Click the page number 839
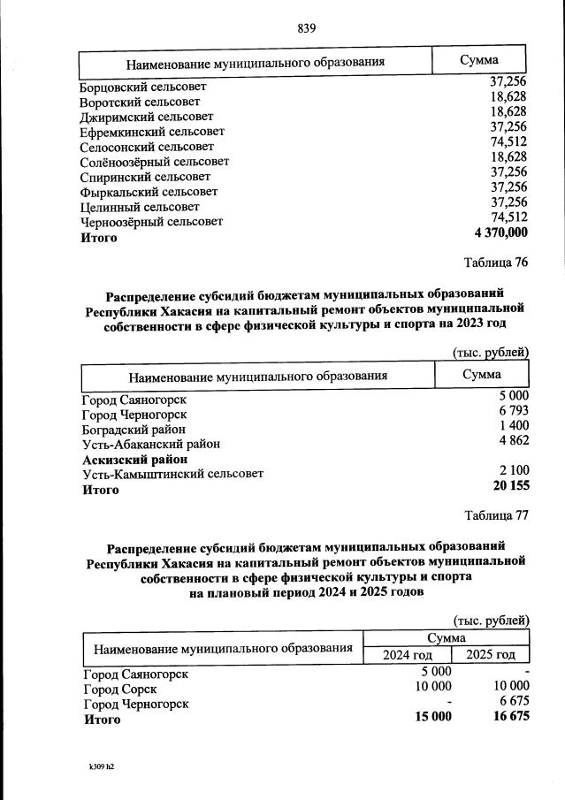pyautogui.click(x=307, y=27)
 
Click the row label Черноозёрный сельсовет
pyautogui.click(x=152, y=222)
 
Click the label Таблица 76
pyautogui.click(x=496, y=263)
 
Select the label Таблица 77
pyautogui.click(x=496, y=515)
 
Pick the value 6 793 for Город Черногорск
pyautogui.click(x=513, y=414)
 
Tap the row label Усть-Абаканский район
pyautogui.click(x=151, y=444)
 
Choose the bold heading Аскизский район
pyautogui.click(x=134, y=459)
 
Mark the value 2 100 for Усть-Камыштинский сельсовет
pyautogui.click(x=513, y=473)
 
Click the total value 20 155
pyautogui.click(x=510, y=488)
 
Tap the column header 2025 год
pyautogui.click(x=490, y=654)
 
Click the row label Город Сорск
pyautogui.click(x=120, y=689)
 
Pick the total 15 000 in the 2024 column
pyautogui.click(x=433, y=717)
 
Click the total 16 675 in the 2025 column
pyautogui.click(x=508, y=717)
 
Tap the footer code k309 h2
pyautogui.click(x=96, y=767)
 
